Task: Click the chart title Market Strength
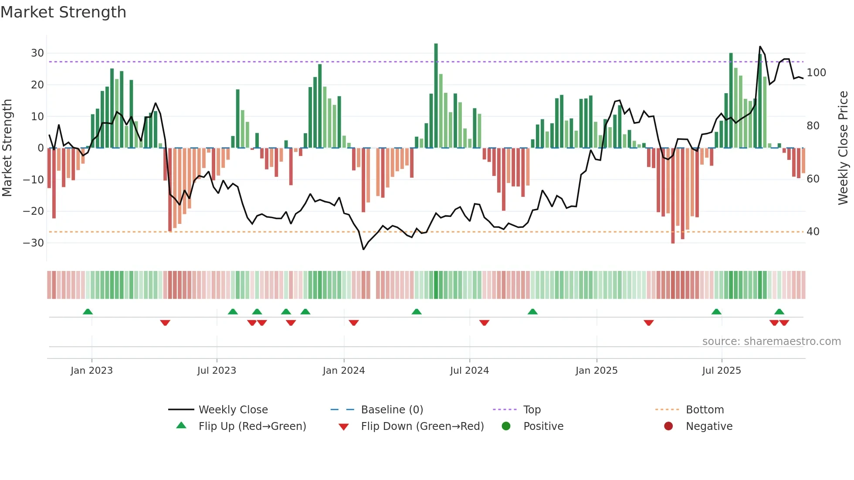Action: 63,12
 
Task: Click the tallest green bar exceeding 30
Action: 436,96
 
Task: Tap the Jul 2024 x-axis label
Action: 469,371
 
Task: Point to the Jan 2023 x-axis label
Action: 91,371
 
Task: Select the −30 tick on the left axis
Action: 34,243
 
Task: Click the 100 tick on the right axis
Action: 816,73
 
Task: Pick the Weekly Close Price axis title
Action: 843,148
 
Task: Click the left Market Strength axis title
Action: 7,148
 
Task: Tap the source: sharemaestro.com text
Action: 771,341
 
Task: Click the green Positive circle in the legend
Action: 506,426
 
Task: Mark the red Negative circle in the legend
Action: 668,426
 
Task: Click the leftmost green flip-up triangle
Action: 88,311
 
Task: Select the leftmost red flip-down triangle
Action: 165,323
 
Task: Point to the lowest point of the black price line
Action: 363,249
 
